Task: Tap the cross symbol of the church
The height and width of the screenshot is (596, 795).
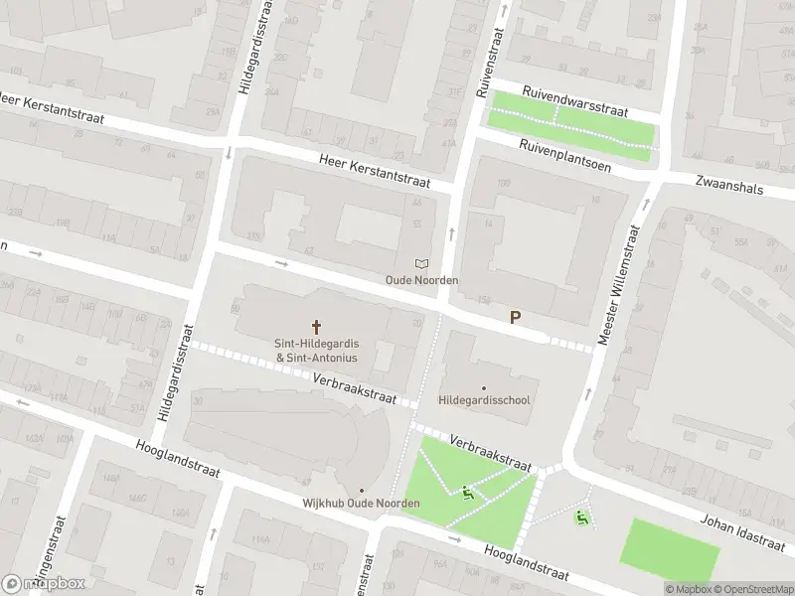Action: coord(317,326)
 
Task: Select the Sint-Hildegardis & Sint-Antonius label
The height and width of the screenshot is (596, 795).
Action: coord(317,351)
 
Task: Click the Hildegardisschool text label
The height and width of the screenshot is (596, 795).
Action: coord(484,401)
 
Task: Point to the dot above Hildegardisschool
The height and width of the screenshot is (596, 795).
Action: coord(484,387)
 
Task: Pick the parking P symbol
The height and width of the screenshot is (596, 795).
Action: coord(515,319)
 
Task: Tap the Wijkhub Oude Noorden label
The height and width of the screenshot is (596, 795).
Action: coord(361,504)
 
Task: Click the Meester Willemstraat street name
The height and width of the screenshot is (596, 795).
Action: coord(616,285)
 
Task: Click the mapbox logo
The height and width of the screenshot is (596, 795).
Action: coord(44,583)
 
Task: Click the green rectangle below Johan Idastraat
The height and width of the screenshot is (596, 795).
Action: coord(670,543)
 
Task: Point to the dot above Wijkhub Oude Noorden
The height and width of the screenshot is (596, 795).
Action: coord(361,491)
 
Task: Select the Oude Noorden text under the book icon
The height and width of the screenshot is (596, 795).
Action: coord(422,280)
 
